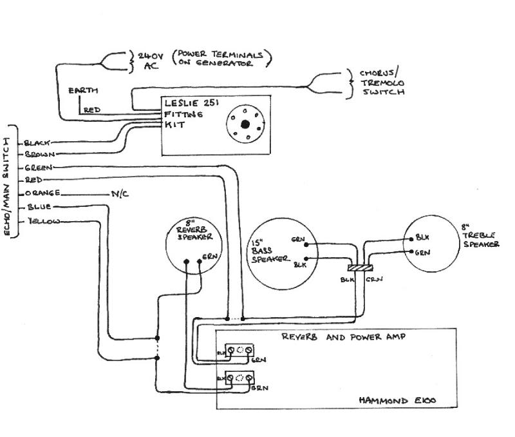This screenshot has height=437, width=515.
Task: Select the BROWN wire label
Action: pyautogui.click(x=41, y=155)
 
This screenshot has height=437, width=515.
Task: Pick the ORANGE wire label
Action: pyautogui.click(x=42, y=193)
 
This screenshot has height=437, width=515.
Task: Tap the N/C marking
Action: pyautogui.click(x=120, y=193)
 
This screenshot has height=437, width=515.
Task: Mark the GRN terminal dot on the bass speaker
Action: pyautogui.click(x=306, y=244)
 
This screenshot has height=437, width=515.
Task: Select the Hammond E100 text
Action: pyautogui.click(x=398, y=400)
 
